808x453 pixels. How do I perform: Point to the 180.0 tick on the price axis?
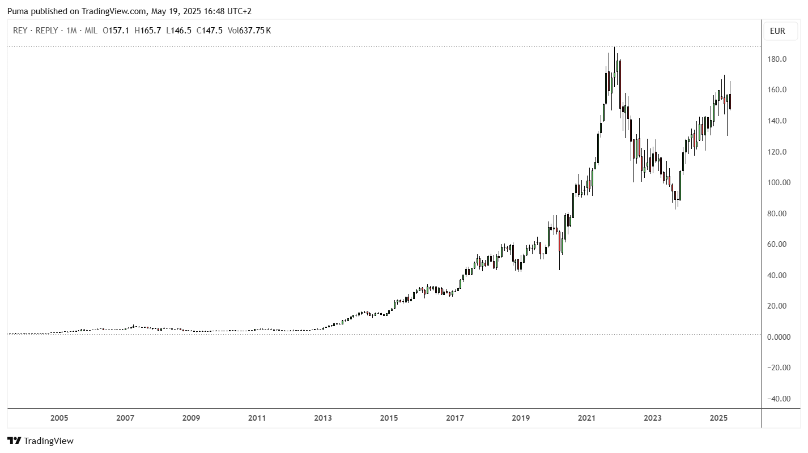pos(777,59)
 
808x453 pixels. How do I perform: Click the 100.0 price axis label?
pos(779,182)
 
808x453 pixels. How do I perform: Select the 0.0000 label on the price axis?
pos(779,337)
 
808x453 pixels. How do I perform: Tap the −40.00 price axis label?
pos(779,399)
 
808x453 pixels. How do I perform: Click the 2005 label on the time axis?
pos(59,418)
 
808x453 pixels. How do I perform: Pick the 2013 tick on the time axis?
pos(323,418)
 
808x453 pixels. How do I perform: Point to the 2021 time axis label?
pos(586,418)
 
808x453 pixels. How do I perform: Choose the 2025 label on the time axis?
pos(718,418)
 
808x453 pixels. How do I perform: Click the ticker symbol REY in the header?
pos(20,31)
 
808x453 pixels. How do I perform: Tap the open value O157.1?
pos(116,31)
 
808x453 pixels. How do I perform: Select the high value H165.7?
pos(147,31)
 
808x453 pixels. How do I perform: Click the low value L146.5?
pos(178,31)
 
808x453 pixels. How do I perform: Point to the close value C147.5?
pos(209,31)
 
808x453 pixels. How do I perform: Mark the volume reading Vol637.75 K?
pos(249,31)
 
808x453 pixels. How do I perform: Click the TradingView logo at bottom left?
pos(40,441)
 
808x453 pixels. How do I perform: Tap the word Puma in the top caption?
pos(18,11)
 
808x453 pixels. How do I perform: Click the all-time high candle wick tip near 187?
pos(614,47)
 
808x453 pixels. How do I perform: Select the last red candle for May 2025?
pos(730,101)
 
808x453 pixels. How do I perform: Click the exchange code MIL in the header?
pos(91,31)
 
